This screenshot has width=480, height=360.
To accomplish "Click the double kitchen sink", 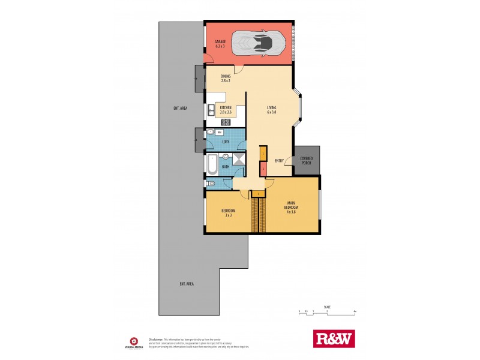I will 212,109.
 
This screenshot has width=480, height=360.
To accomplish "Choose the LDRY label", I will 226,142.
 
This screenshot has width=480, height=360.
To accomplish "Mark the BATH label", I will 226,166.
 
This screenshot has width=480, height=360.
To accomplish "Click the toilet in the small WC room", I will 211,184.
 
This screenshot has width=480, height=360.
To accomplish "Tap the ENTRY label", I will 279,160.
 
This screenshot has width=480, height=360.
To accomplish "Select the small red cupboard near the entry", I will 263,169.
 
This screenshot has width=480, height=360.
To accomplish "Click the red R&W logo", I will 334,339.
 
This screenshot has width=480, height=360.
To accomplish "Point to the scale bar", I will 328,311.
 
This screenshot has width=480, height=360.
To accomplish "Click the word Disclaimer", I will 157,338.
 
